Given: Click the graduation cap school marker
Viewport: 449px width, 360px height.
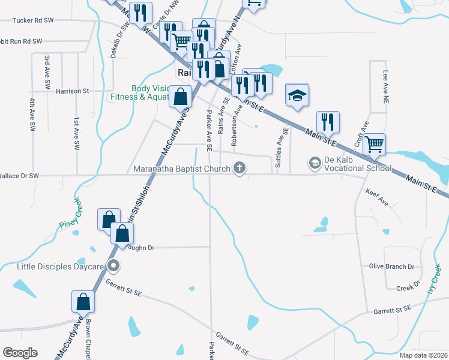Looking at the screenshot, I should point(297,95).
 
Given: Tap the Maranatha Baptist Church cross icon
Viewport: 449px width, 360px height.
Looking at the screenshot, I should point(240,169).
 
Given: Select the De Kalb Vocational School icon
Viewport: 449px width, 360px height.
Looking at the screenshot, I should point(315,163).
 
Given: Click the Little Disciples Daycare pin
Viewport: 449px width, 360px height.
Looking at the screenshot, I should point(112,266).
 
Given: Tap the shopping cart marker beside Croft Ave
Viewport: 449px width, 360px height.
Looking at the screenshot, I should point(374,144).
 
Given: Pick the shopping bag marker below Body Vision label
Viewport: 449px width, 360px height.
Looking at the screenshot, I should point(180,96).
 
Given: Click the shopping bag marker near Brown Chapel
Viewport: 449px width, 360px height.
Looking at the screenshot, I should point(83,302).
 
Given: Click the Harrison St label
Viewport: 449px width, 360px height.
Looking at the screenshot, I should point(72,91).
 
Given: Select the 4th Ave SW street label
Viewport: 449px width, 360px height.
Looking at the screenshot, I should point(30,110).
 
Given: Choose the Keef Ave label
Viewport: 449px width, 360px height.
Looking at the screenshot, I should point(377,197).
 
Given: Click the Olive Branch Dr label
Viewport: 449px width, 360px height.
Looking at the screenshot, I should point(391,266).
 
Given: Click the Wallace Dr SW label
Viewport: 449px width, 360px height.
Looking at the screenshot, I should point(19,176).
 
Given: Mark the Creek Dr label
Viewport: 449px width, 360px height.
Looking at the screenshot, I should point(408,287).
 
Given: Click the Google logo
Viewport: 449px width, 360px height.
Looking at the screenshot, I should point(20,353).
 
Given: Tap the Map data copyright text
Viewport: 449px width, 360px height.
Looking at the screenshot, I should point(423,355).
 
